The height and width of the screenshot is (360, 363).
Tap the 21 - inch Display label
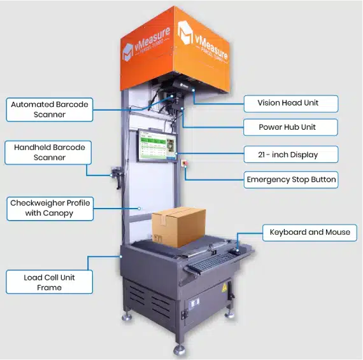[290, 154]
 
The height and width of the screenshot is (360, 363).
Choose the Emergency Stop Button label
[290, 180]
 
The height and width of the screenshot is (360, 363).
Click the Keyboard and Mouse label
[310, 232]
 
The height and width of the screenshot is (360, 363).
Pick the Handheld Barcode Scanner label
[50, 152]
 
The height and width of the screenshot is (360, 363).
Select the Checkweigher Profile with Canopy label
[50, 208]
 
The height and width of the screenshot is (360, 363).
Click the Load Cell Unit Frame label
[50, 282]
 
